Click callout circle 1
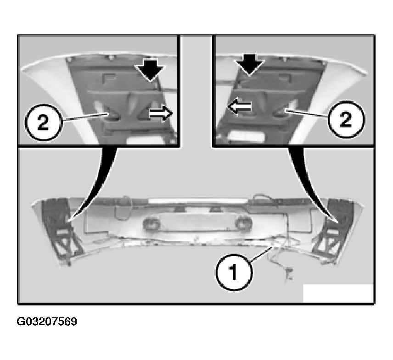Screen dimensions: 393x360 [x=234, y=272]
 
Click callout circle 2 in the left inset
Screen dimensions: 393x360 [x=43, y=122]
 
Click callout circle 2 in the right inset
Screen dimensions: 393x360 [x=346, y=119]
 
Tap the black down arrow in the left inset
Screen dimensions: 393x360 [x=150, y=70]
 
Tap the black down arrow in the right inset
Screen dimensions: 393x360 [x=249, y=64]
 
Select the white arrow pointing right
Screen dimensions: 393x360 [x=161, y=113]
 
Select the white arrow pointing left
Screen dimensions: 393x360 [x=239, y=106]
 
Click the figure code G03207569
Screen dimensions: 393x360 [x=47, y=321]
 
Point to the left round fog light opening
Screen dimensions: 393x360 [x=152, y=223]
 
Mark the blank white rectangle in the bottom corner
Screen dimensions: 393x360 [x=338, y=293]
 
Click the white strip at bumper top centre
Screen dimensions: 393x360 [x=197, y=200]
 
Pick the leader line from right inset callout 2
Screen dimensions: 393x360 [x=306, y=113]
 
